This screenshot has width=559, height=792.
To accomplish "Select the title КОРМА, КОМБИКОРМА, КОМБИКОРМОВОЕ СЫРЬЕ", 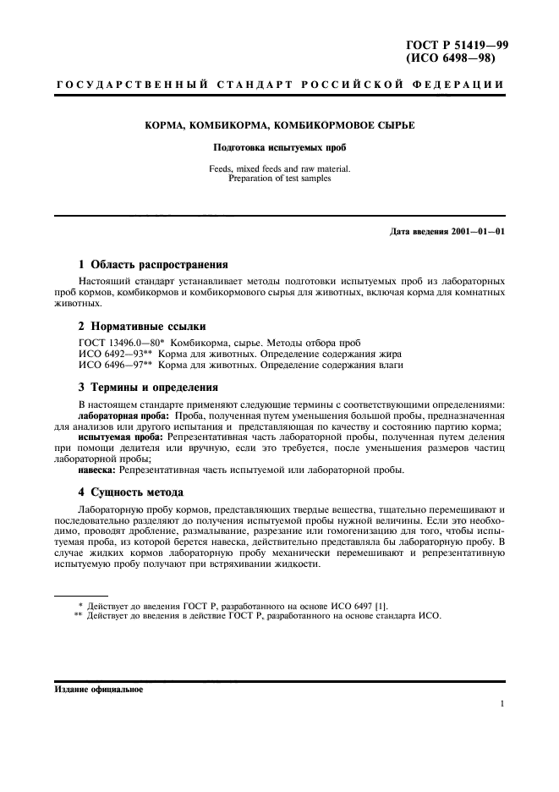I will (279, 125).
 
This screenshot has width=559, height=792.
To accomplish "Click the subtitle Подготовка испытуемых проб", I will (279, 146).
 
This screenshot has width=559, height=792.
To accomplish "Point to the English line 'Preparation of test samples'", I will (279, 178).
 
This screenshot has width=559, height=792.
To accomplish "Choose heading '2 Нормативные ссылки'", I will (140, 326).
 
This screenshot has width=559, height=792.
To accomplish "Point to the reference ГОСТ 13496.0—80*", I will (121, 341).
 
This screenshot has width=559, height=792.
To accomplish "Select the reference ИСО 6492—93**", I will (121, 353).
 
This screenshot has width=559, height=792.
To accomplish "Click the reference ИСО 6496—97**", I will (121, 365).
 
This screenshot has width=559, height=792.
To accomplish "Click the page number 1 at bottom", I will (502, 703).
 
